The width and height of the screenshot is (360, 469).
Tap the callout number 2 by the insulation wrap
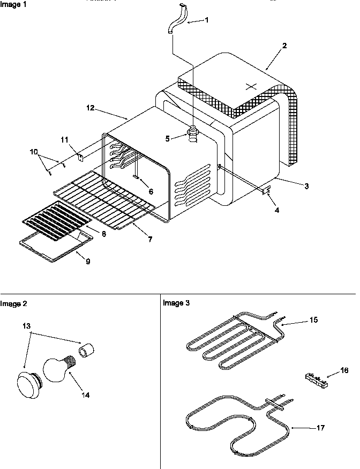point(284,46)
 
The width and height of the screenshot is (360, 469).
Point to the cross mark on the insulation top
point(251,86)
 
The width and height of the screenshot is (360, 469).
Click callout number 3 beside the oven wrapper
point(306,186)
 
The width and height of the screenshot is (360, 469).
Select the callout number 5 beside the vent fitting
point(168,138)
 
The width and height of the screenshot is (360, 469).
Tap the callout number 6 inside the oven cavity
point(151,191)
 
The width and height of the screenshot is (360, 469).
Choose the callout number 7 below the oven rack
point(149,240)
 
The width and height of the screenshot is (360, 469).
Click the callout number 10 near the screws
point(34,152)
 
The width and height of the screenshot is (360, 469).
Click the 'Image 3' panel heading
point(176,303)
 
